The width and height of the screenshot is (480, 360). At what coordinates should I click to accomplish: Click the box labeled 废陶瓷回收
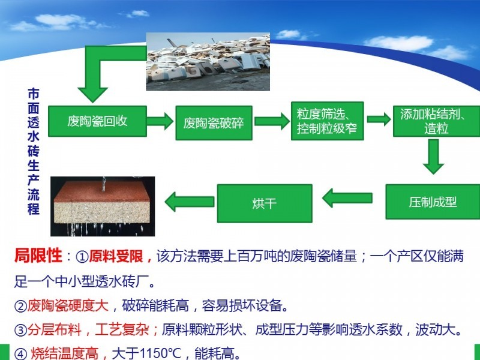[x=97, y=121]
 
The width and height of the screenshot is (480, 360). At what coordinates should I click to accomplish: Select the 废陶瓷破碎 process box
[x=214, y=123]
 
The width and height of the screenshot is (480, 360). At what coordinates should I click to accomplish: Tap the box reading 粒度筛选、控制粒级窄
[x=327, y=121]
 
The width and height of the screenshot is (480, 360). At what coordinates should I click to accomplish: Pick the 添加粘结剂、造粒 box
[x=437, y=121]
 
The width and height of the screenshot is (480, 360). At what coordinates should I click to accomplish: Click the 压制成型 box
[x=433, y=202]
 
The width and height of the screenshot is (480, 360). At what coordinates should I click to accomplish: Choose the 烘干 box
[x=265, y=203]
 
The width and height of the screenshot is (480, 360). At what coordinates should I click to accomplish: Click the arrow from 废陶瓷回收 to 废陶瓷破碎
[x=160, y=121]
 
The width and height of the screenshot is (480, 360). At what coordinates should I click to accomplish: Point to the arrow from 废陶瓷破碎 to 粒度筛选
[x=272, y=121]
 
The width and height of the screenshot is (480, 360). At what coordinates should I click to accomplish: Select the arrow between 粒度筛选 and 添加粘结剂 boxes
[x=379, y=119]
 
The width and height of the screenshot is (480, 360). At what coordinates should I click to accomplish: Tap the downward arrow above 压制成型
[x=433, y=157]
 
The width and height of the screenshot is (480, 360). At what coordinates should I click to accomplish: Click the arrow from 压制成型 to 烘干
[x=347, y=198]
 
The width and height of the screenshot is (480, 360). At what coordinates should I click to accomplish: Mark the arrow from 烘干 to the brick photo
[x=190, y=202]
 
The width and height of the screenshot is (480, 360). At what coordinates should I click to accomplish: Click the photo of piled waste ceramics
[x=208, y=62]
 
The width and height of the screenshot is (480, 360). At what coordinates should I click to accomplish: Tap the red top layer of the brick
[x=103, y=191]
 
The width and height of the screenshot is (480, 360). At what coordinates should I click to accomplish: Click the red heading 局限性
[x=38, y=256]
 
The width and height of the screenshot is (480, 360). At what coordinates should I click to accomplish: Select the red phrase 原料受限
[x=116, y=256]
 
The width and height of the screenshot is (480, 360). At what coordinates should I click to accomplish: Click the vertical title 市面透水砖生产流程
[x=34, y=151]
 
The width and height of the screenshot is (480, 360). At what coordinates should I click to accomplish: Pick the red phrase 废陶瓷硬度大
[x=68, y=305]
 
